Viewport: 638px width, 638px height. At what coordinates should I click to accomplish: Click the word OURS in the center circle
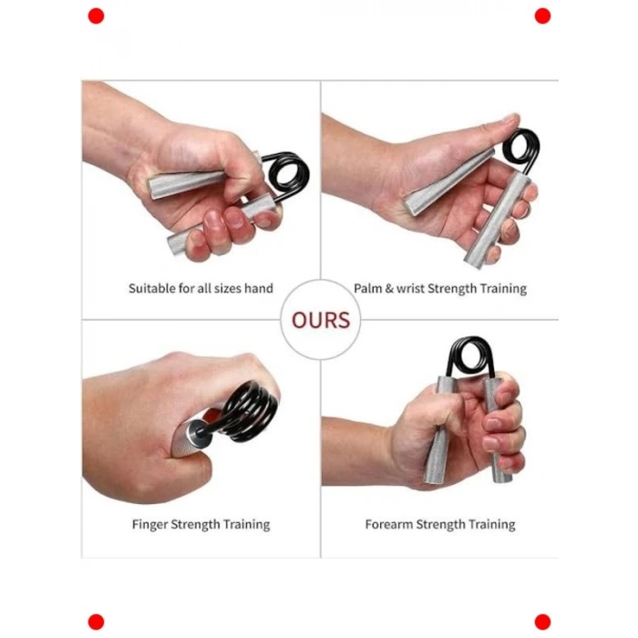pyautogui.click(x=321, y=320)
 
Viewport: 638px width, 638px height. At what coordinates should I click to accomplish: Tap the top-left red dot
pyautogui.click(x=96, y=16)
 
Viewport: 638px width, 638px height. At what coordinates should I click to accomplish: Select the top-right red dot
pyautogui.click(x=542, y=16)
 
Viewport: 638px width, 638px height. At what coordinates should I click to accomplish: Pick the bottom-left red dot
pyautogui.click(x=96, y=623)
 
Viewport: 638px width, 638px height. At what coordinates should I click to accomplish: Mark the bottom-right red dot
pyautogui.click(x=542, y=623)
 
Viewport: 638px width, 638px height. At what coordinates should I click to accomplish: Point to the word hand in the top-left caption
pyautogui.click(x=258, y=289)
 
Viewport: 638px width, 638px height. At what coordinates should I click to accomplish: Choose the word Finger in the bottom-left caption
pyautogui.click(x=149, y=524)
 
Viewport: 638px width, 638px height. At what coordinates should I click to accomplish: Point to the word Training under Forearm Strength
pyautogui.click(x=491, y=525)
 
